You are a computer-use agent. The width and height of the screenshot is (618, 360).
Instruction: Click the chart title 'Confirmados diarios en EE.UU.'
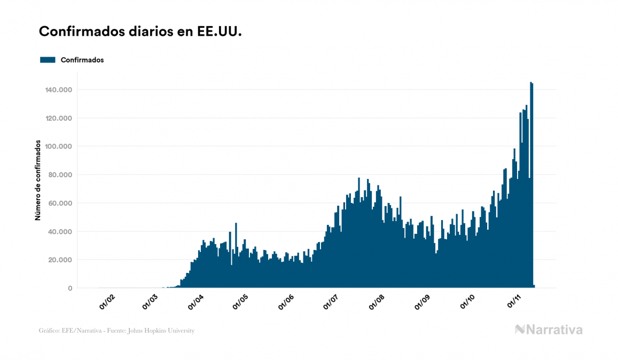point(140,32)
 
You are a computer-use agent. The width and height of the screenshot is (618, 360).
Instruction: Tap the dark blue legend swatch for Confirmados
point(48,60)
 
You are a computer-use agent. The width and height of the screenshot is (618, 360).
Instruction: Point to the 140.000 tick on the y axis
point(59,90)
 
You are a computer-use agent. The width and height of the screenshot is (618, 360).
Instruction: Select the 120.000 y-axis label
point(59,118)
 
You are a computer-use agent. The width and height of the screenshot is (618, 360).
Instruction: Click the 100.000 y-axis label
point(59,146)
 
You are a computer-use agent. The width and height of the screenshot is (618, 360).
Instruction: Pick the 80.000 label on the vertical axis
point(60,175)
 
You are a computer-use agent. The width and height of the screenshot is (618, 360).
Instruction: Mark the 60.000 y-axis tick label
point(60,204)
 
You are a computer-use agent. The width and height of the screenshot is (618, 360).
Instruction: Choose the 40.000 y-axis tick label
point(60,232)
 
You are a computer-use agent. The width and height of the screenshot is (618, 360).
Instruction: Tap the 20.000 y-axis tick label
point(60,260)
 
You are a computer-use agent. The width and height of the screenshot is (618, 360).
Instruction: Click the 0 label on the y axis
point(70,288)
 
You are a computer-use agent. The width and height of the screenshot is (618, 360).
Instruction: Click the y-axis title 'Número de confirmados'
point(38,180)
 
